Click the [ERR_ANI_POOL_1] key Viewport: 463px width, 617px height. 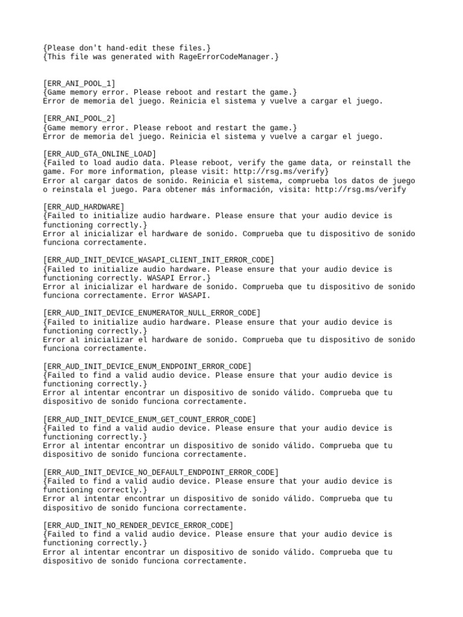pyautogui.click(x=79, y=83)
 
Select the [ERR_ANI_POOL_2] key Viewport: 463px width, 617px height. pyautogui.click(x=79, y=119)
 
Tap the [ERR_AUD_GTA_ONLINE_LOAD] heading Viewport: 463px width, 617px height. pyautogui.click(x=99, y=154)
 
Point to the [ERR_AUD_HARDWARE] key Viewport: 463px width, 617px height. pyautogui.click(x=84, y=207)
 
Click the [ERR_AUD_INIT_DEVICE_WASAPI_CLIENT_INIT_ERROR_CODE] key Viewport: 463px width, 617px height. pyautogui.click(x=159, y=260)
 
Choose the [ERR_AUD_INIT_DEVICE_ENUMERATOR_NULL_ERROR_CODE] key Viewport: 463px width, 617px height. pyautogui.click(x=152, y=313)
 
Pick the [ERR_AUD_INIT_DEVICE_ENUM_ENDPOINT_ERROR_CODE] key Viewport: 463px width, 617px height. pyautogui.click(x=147, y=366)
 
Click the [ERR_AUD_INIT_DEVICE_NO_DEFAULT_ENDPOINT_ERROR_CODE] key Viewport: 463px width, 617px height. pyautogui.click(x=161, y=472)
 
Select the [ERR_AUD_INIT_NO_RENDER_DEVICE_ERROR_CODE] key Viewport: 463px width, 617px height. pyautogui.click(x=138, y=525)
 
